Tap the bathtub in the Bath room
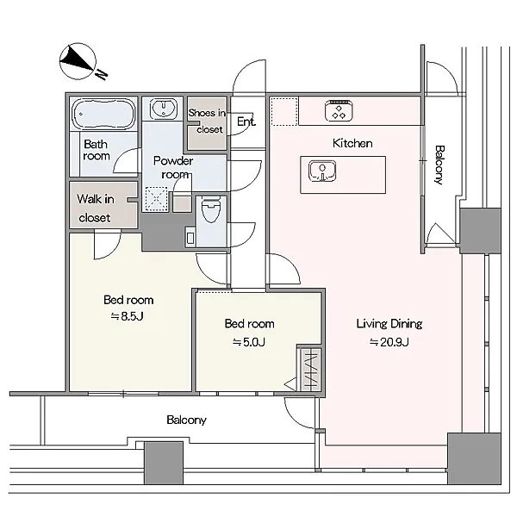click(x=103, y=114)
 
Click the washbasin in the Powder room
click(x=163, y=109)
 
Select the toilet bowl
click(x=211, y=209)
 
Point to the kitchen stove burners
click(x=339, y=111)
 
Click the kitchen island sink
click(x=322, y=171)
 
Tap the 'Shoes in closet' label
click(x=207, y=121)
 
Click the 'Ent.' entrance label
click(x=246, y=121)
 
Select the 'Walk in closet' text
click(x=96, y=208)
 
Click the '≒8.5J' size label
click(x=127, y=316)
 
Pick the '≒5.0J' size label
click(x=249, y=342)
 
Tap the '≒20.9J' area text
click(x=389, y=342)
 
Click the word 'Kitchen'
click(x=352, y=143)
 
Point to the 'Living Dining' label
click(x=389, y=324)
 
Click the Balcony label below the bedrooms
click(x=186, y=420)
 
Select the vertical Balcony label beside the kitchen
click(x=439, y=165)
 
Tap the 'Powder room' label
click(x=173, y=167)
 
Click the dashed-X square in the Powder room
click(x=157, y=199)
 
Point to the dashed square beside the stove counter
click(x=284, y=111)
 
